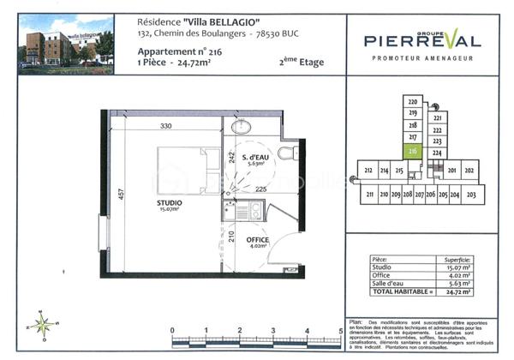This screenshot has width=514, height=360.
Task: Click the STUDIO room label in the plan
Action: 168,203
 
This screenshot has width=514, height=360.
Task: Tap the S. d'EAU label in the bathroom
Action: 254,159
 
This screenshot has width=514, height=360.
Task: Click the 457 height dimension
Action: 122,196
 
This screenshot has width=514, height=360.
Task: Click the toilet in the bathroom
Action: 286,153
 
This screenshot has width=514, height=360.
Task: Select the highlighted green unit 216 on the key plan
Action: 413,151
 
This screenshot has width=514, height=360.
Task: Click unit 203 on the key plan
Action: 470,195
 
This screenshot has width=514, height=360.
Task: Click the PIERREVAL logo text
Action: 422,39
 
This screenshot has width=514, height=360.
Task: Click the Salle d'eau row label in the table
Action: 389,284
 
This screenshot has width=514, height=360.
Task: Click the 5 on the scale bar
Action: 340,329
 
